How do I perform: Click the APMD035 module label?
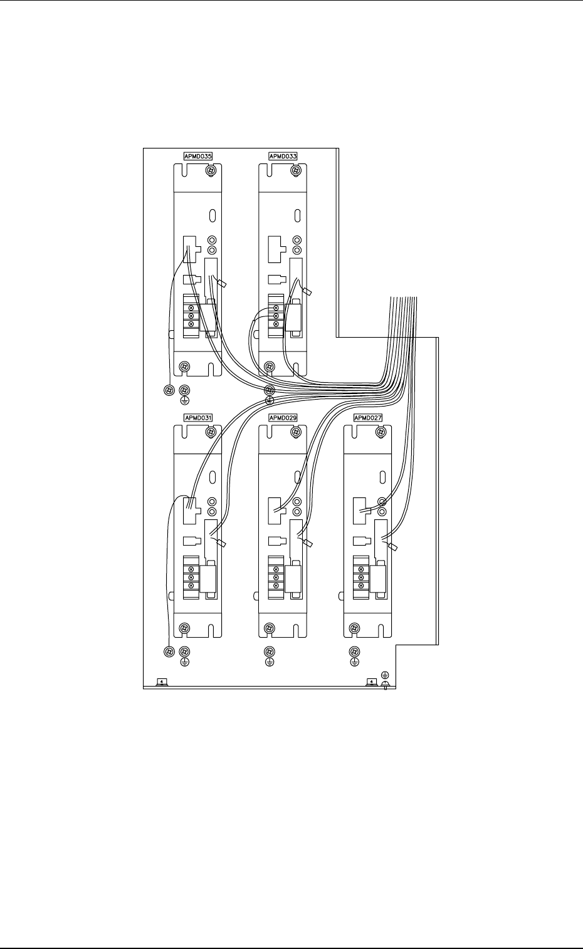[197, 156]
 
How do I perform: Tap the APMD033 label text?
[283, 156]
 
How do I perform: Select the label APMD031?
[197, 418]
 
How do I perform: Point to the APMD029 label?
[283, 418]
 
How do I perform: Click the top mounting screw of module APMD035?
[212, 170]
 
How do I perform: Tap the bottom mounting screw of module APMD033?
[269, 366]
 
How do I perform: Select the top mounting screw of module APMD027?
[380, 432]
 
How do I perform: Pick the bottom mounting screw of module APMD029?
[269, 628]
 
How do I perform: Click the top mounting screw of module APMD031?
[212, 432]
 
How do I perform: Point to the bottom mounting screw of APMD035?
[184, 366]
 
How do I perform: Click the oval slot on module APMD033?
[298, 215]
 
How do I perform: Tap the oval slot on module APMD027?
[382, 477]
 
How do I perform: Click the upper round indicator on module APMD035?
[213, 240]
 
